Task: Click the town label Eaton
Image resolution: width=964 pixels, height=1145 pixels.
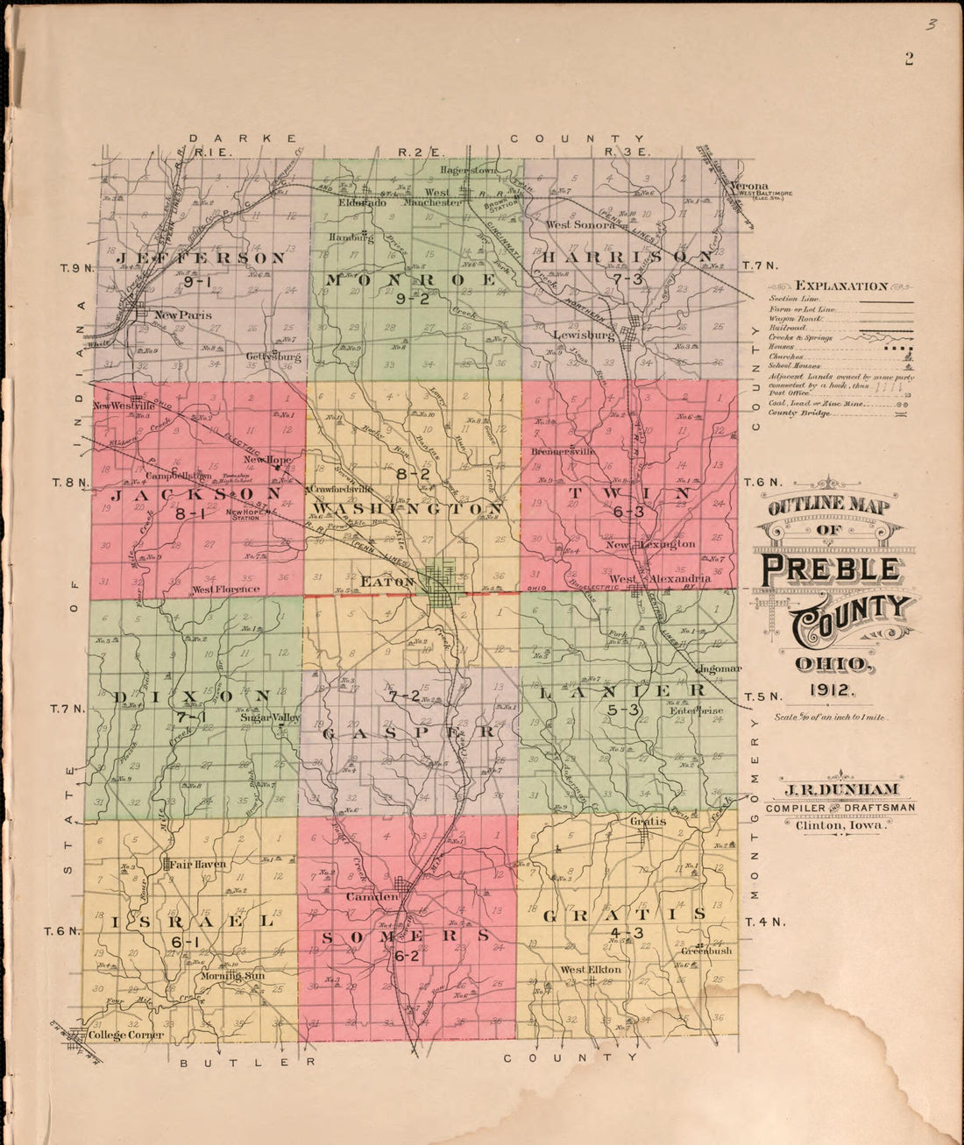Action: click(x=386, y=581)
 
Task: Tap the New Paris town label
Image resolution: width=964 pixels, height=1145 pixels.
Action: click(x=182, y=315)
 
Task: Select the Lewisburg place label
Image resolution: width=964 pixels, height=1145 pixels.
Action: click(x=584, y=336)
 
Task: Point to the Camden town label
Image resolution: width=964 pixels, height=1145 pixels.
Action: click(x=372, y=897)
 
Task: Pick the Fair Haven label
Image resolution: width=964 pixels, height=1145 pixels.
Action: click(x=197, y=864)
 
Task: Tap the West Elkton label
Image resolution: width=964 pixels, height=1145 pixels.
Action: click(x=591, y=970)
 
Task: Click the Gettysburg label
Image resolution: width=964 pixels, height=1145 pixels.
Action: click(x=273, y=357)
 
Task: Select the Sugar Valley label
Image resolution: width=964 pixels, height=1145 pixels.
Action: click(x=270, y=717)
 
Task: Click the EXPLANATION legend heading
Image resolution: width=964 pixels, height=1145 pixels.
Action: click(x=840, y=286)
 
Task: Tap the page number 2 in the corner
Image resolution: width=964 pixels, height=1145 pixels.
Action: click(x=909, y=59)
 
